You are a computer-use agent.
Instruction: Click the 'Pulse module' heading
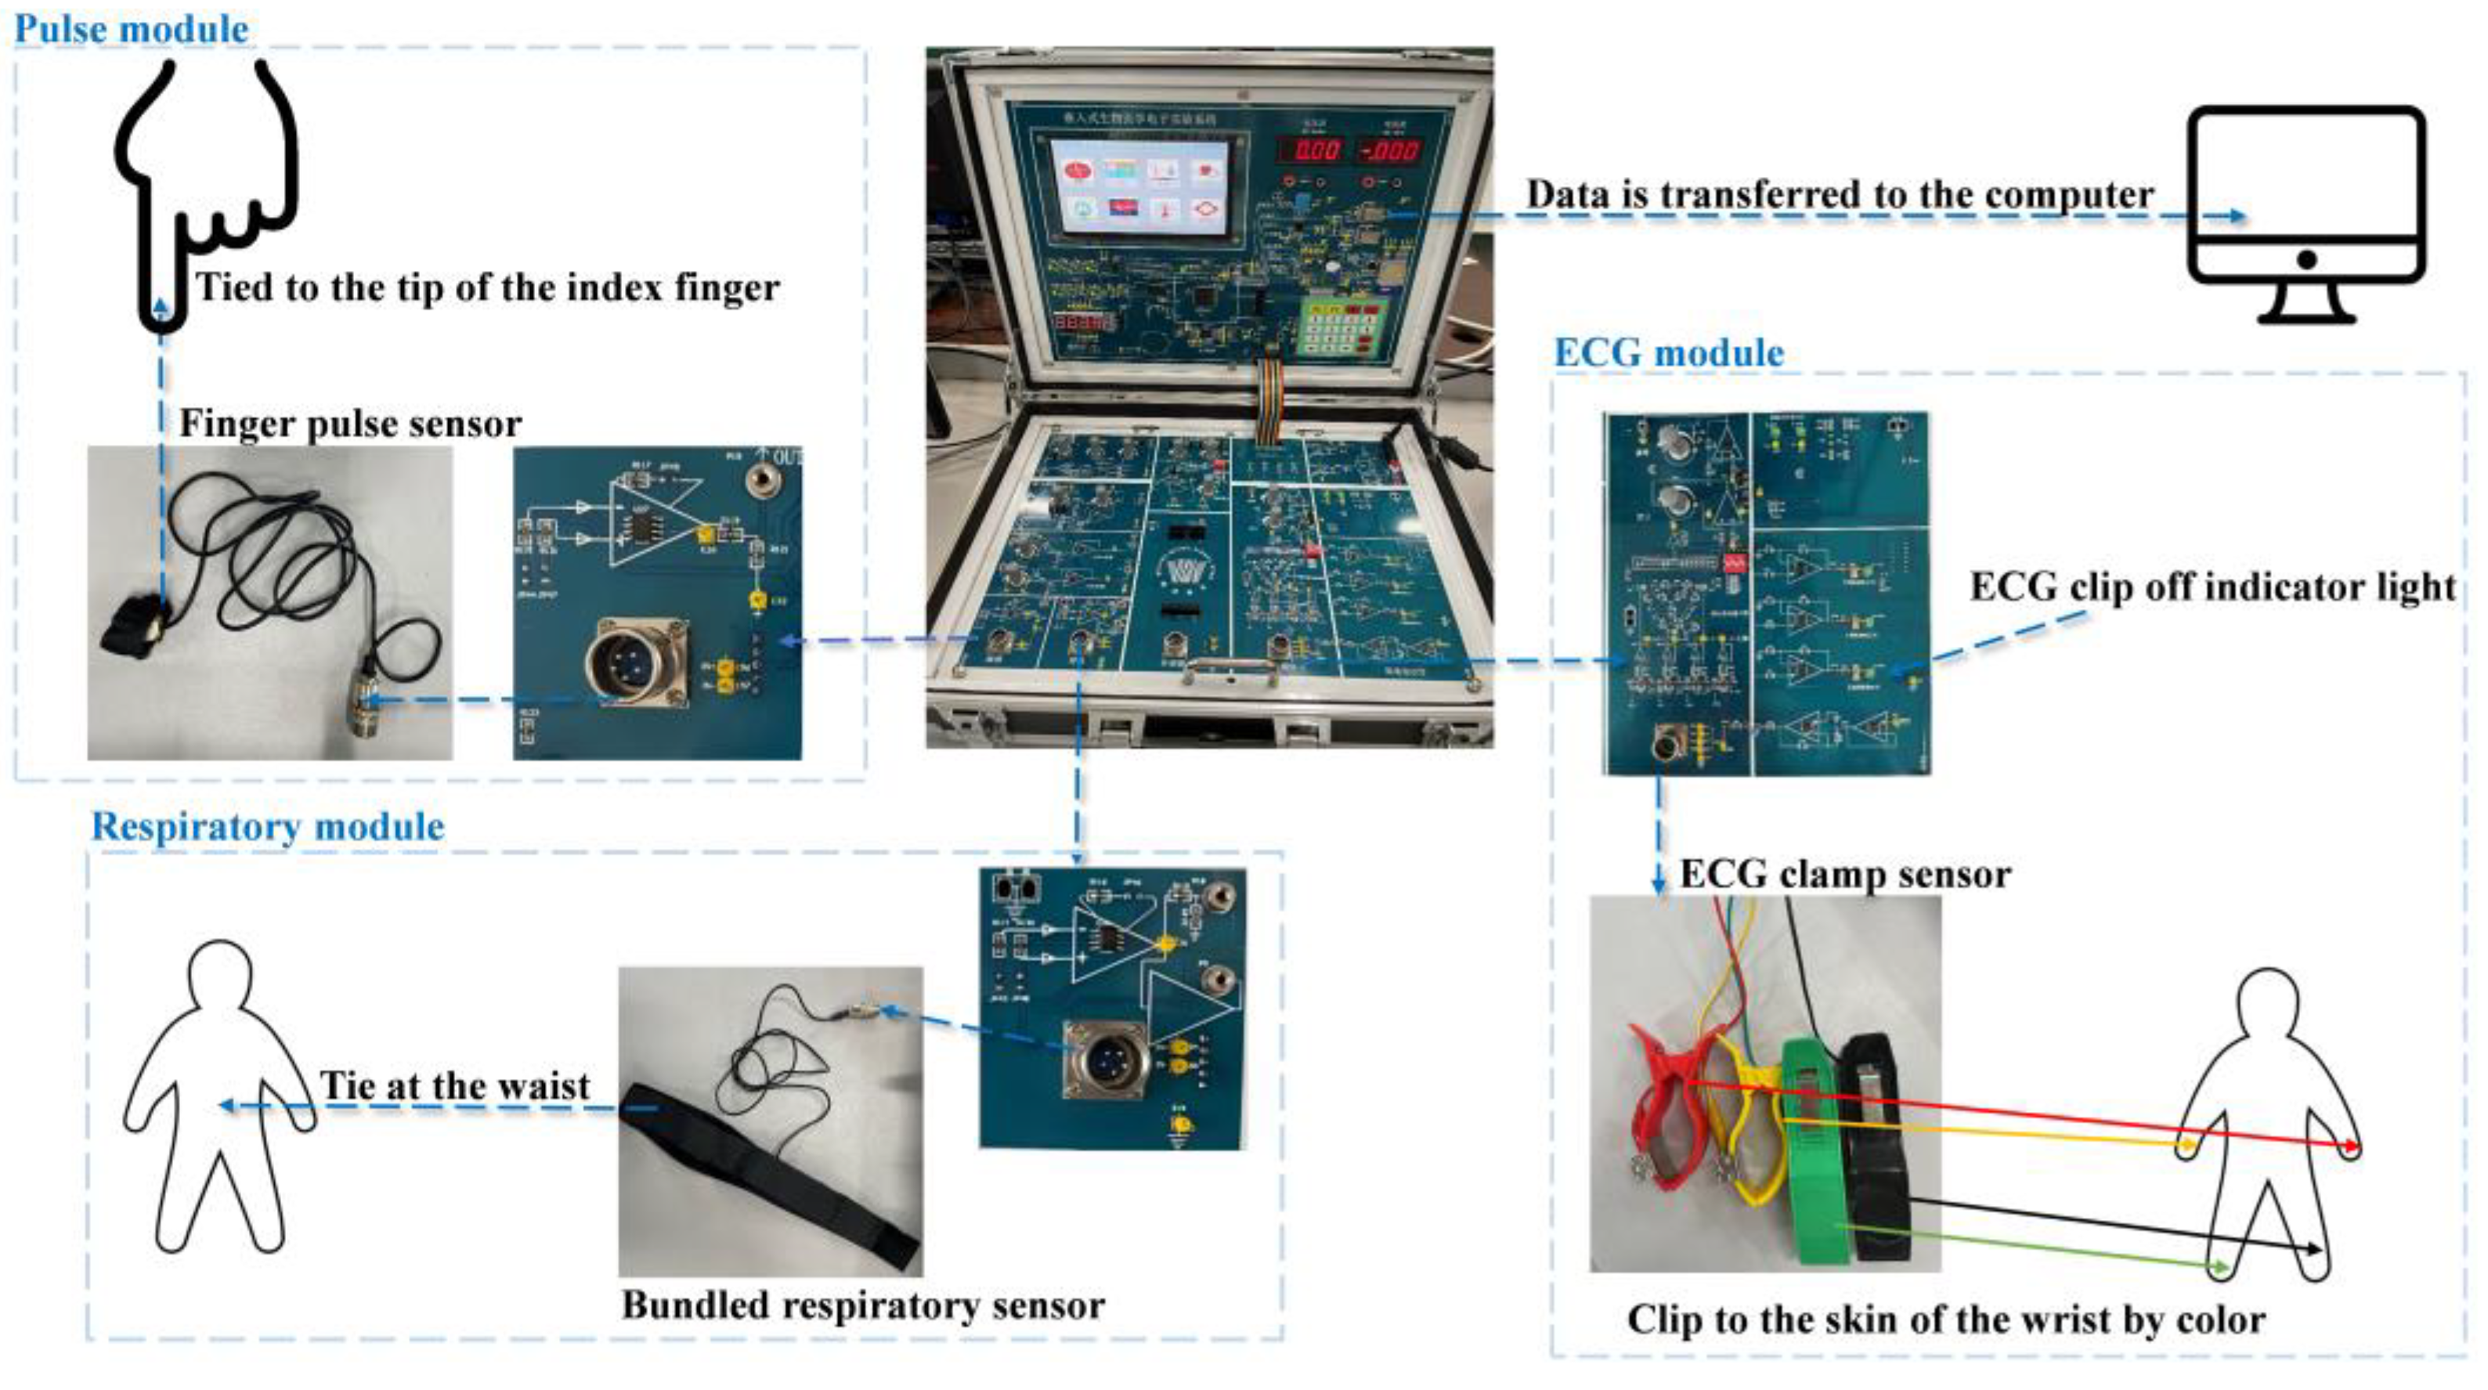[132, 29]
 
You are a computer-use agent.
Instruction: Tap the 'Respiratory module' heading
[268, 827]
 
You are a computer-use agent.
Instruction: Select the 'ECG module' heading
[1668, 352]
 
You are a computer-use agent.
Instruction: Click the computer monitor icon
[2306, 212]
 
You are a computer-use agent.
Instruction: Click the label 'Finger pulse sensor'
[349, 424]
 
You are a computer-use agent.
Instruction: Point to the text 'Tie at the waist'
[455, 1085]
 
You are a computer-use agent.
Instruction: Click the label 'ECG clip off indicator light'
[2212, 587]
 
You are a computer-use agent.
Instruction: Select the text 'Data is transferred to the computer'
[1839, 194]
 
